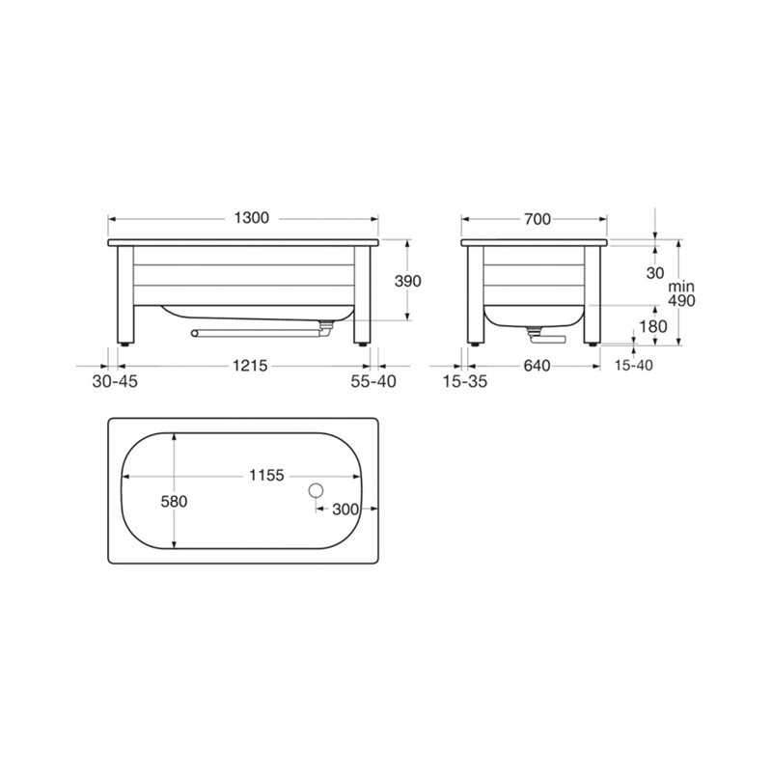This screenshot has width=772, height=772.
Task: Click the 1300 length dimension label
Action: (252, 218)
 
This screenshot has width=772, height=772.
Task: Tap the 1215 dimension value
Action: (250, 366)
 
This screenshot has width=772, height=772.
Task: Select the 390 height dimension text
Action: (408, 281)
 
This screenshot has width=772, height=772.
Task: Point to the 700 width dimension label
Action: (538, 219)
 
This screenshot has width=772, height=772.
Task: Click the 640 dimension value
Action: (537, 367)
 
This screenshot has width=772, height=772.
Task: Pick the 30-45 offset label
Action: (115, 381)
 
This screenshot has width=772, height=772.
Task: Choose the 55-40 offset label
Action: (373, 381)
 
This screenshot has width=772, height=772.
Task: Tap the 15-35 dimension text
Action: (465, 381)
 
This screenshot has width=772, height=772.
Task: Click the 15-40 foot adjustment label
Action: (634, 366)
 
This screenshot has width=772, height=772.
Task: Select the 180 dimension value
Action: (653, 326)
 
